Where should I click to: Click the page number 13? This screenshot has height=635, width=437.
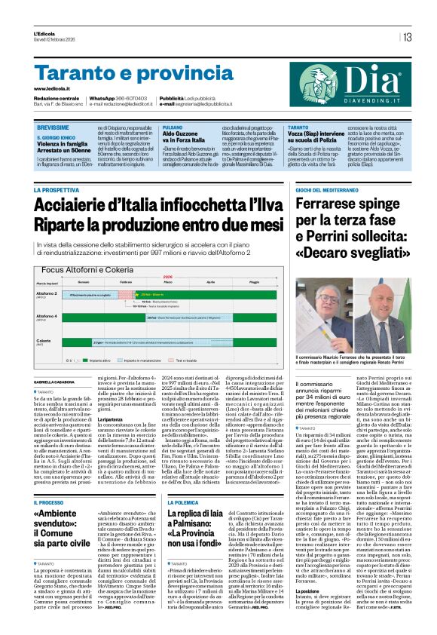click(x=407, y=37)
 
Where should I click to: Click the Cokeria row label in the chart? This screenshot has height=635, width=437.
click(x=44, y=341)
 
